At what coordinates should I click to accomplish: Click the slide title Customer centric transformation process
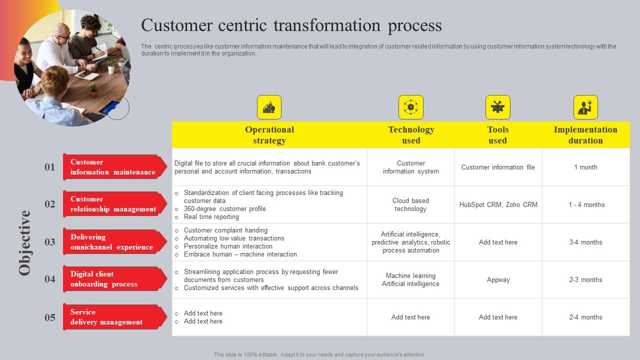291,25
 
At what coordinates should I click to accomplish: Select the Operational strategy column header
269,135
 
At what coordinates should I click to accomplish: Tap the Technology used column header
411,135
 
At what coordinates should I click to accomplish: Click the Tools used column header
497,135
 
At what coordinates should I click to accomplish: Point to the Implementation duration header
585,135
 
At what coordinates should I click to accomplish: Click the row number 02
50,204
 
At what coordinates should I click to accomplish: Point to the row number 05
50,317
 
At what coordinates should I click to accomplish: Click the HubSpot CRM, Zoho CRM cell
498,204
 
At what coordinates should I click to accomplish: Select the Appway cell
498,280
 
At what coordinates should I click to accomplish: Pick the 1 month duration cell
585,167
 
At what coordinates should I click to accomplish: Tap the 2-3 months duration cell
585,280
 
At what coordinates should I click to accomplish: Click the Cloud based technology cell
410,204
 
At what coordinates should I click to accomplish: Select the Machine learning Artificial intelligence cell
410,279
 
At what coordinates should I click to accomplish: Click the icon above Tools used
497,107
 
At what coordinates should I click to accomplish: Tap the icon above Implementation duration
585,107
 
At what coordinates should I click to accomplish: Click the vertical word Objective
25,242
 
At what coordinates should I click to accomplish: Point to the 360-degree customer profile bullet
224,208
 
